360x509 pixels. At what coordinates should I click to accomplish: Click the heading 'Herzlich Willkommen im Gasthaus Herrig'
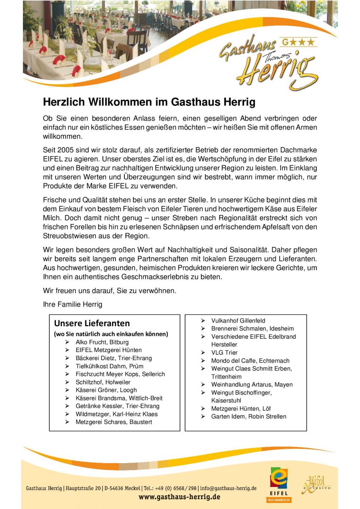149,102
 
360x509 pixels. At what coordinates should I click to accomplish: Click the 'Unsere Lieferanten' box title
92,324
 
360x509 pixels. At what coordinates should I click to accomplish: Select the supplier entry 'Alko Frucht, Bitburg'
102,342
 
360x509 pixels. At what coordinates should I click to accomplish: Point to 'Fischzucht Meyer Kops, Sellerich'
120,374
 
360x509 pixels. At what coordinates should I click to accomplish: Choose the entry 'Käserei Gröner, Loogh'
106,390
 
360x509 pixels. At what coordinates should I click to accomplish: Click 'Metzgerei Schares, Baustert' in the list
113,422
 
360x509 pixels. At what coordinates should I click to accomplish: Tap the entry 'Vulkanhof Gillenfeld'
238,321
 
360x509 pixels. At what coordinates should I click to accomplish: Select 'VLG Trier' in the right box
225,352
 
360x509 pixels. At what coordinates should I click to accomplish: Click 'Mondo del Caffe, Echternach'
250,361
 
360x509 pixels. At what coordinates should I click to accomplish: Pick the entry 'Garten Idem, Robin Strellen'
249,417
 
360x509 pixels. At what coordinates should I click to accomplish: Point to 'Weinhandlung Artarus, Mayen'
252,384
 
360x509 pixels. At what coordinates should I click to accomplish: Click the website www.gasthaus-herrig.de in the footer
180,497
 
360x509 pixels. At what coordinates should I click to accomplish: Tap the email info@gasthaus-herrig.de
228,488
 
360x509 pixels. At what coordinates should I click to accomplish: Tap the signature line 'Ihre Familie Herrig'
73,305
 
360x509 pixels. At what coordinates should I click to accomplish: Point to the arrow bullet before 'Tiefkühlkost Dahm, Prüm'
67,366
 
